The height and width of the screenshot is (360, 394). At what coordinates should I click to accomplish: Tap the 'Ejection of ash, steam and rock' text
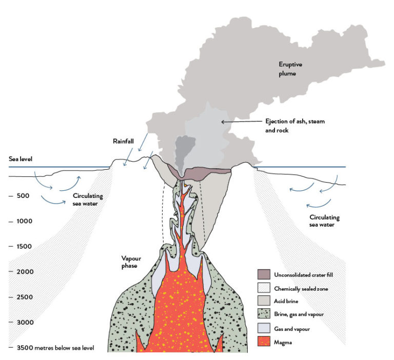294,125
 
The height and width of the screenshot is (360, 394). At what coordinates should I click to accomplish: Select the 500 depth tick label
23,196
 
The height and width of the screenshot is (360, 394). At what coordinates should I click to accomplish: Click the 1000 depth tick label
25,221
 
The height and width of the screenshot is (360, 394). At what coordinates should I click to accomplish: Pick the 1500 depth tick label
25,246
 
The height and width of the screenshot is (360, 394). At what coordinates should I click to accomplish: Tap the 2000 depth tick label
25,271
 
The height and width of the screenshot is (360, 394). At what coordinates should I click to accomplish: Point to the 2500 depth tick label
25,297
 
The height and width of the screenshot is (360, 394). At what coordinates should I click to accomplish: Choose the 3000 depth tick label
25,322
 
